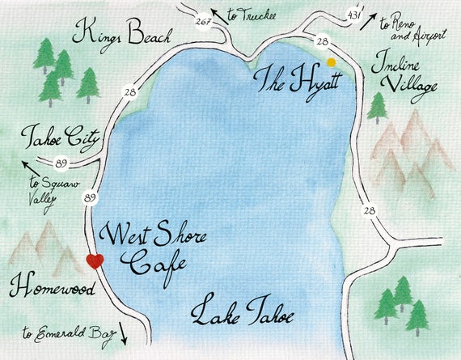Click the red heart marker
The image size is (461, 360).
point(95,260)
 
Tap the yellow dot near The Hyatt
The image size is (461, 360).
point(331,62)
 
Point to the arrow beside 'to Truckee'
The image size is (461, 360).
point(218,14)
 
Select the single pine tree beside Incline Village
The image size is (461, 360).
point(377,107)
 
